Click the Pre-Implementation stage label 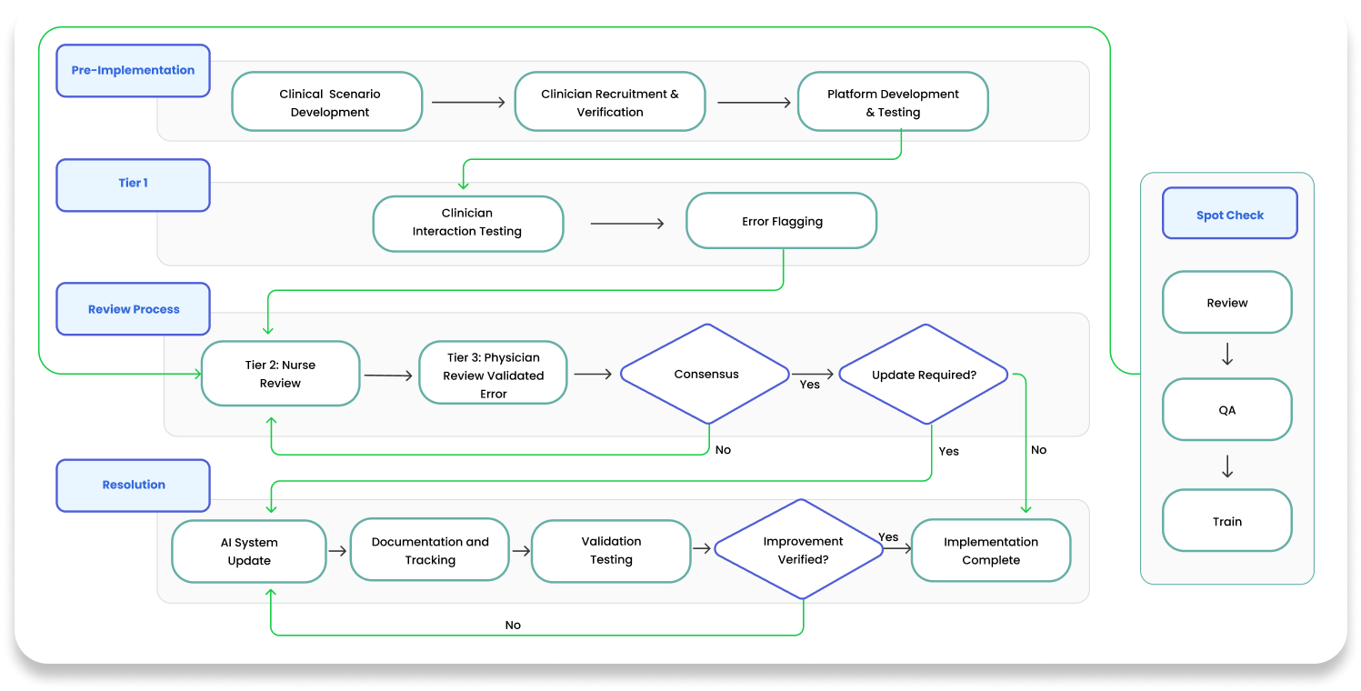pyautogui.click(x=133, y=71)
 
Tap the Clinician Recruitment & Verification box pyautogui.click(x=609, y=103)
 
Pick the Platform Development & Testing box pyautogui.click(x=892, y=103)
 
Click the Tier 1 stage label pyautogui.click(x=133, y=184)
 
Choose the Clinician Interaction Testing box pyautogui.click(x=467, y=223)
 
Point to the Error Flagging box pyautogui.click(x=781, y=221)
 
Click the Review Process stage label pyautogui.click(x=133, y=309)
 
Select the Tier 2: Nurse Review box pyautogui.click(x=280, y=374)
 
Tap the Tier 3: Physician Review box pyautogui.click(x=493, y=374)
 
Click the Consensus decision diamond pyautogui.click(x=706, y=374)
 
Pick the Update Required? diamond pyautogui.click(x=923, y=374)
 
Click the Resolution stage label pyautogui.click(x=133, y=485)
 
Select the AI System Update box pyautogui.click(x=249, y=551)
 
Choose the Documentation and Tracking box pyautogui.click(x=429, y=551)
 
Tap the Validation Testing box pyautogui.click(x=611, y=550)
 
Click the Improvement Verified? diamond pyautogui.click(x=802, y=550)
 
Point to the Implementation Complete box pyautogui.click(x=990, y=551)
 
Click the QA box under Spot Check pyautogui.click(x=1226, y=410)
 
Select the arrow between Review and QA pyautogui.click(x=1226, y=356)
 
